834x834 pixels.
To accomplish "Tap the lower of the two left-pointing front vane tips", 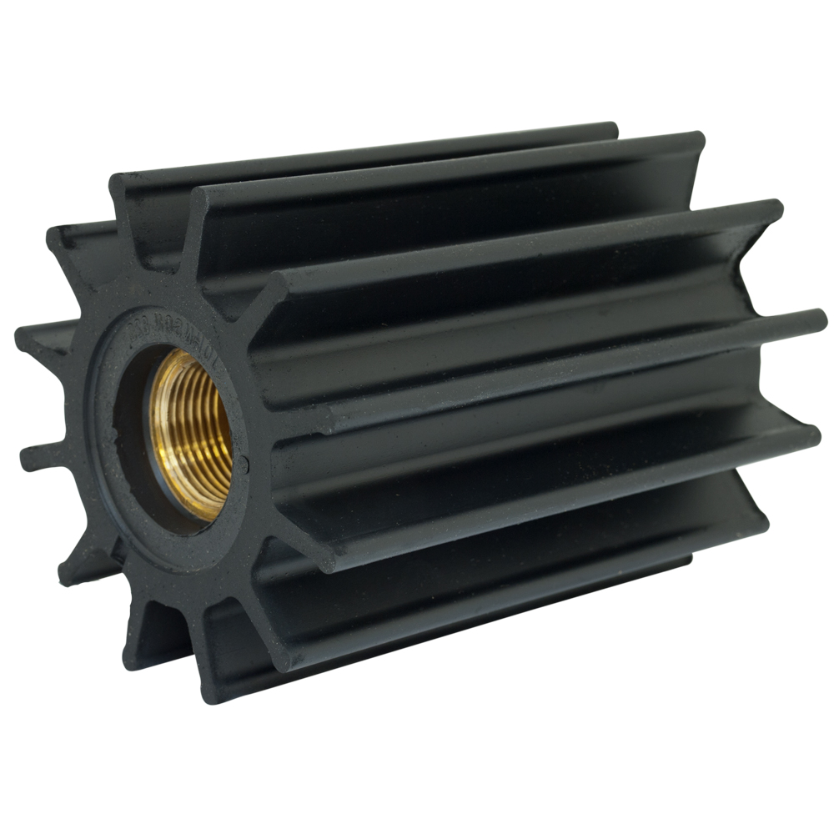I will click(29, 455).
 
